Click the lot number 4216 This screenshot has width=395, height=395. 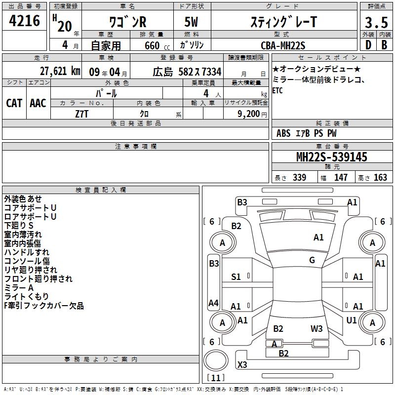click(25, 21)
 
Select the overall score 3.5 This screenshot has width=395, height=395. click(376, 23)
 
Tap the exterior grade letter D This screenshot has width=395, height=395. click(368, 44)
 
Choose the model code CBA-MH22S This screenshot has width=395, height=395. click(283, 45)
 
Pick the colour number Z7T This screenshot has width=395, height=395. click(81, 113)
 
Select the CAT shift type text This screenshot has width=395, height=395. click(14, 103)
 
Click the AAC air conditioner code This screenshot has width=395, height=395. click(38, 103)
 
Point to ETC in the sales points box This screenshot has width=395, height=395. click(277, 91)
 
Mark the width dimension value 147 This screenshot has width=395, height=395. click(341, 178)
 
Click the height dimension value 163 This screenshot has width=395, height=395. click(380, 178)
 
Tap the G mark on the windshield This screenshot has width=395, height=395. click(312, 260)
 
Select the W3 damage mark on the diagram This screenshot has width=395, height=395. click(316, 328)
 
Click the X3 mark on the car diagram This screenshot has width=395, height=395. click(242, 365)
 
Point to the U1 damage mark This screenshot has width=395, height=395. click(352, 320)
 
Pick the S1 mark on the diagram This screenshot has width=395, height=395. click(236, 277)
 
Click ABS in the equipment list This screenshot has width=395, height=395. click(283, 133)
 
